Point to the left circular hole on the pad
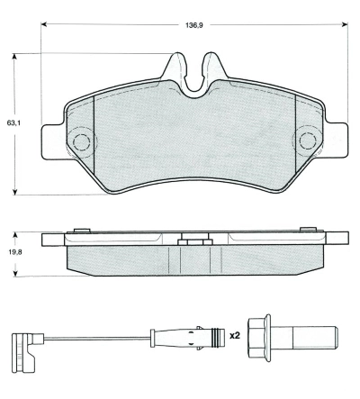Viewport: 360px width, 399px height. (x=83, y=141)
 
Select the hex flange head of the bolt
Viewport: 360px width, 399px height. (x=261, y=339)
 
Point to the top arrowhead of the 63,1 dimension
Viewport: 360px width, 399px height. (x=15, y=55)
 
